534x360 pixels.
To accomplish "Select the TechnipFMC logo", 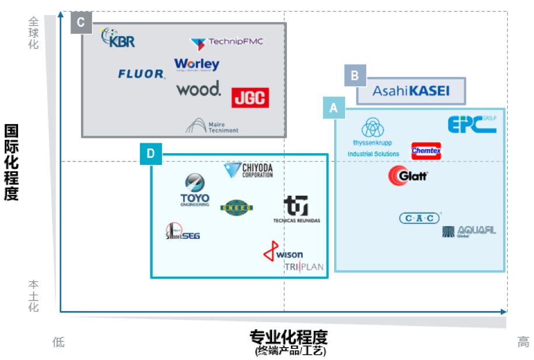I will pos(226,43).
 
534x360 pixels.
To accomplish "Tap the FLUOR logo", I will pos(142,74).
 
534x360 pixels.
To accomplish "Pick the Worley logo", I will pos(196,65).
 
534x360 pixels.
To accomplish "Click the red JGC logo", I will pos(250,97).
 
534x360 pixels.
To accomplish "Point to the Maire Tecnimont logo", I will pos(212,126).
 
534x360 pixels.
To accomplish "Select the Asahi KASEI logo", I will pos(411,91).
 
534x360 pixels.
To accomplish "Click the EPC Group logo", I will pos(472,124).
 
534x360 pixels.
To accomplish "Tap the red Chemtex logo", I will pos(426,151).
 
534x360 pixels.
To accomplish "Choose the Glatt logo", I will pos(409,175).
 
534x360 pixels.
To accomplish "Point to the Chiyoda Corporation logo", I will pos(248,171).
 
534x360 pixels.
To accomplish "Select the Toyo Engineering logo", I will pos(195,190).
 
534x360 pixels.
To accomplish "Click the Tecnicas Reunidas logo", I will pos(296,210).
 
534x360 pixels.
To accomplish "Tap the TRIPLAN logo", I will pos(304,267).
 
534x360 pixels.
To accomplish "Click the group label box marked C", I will pos(81,23).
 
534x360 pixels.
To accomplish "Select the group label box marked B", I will pos(355,75).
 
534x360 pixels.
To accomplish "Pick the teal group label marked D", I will pos(150,154).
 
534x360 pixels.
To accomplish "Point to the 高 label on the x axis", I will pos(523,343).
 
